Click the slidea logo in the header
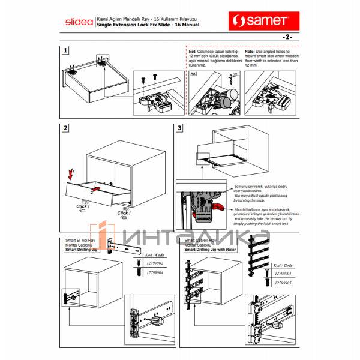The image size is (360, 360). [78, 23]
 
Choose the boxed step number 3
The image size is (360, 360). [179, 128]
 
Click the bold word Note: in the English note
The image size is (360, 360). [252, 52]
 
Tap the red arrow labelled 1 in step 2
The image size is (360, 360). [71, 175]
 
